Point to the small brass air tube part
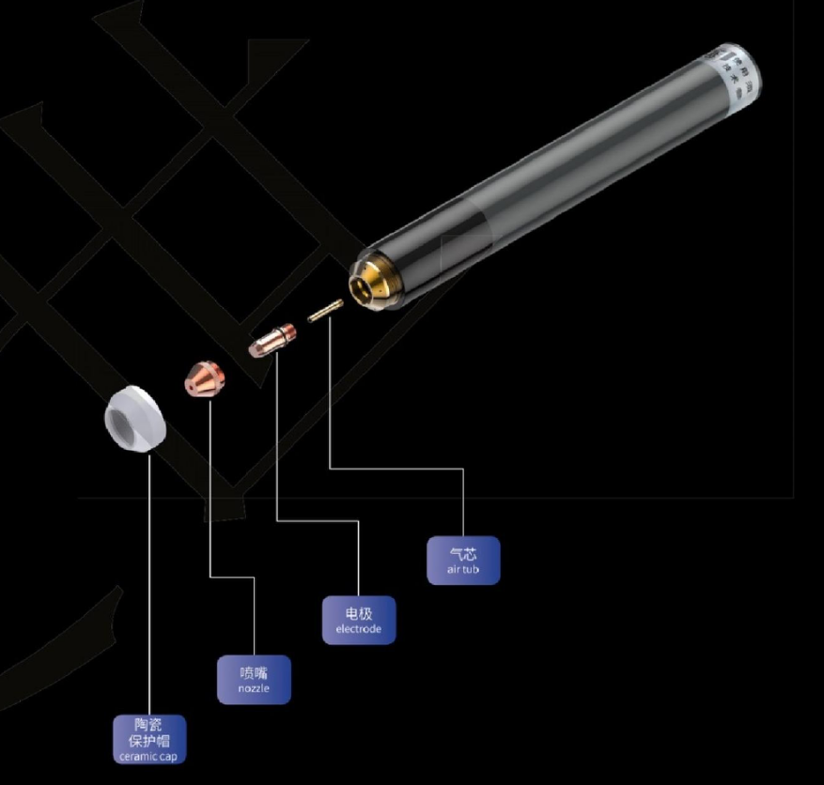point(324,311)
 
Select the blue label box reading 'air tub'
point(463,561)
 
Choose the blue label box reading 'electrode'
point(359,620)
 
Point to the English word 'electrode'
point(359,629)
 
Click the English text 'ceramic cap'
point(148,756)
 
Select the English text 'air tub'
point(463,570)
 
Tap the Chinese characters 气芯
point(463,554)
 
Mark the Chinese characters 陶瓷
point(148,725)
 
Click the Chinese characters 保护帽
point(148,740)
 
